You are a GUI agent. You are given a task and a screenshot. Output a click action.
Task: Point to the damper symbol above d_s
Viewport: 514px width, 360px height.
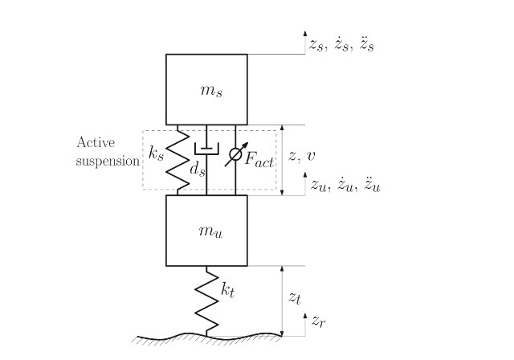[x=206, y=149]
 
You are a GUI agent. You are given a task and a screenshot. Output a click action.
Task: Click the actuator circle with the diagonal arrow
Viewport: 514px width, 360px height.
[x=235, y=153]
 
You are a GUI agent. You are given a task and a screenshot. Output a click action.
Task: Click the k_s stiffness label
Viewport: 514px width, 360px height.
[x=157, y=152]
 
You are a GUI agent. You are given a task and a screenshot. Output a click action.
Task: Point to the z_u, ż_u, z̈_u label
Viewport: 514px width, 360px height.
[x=345, y=186]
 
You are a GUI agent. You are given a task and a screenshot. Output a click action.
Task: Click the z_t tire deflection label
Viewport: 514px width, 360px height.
[x=295, y=297]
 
